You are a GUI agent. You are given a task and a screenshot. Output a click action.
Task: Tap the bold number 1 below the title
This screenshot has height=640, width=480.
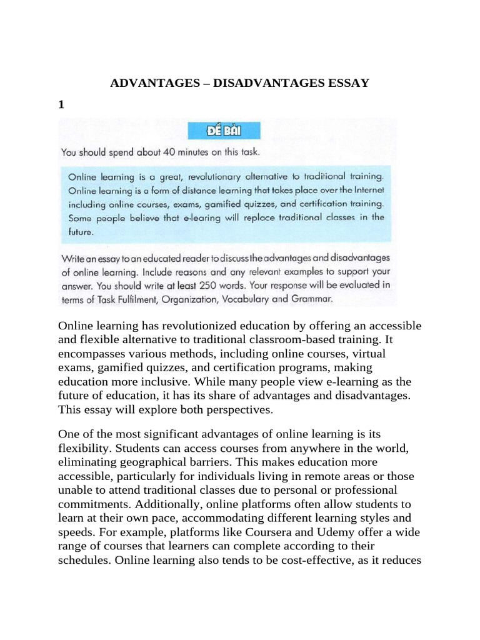click(61, 105)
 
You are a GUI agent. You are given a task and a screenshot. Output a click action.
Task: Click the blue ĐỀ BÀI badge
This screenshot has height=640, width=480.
click(224, 132)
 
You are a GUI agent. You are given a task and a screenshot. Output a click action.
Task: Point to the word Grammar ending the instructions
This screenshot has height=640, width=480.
click(311, 299)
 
